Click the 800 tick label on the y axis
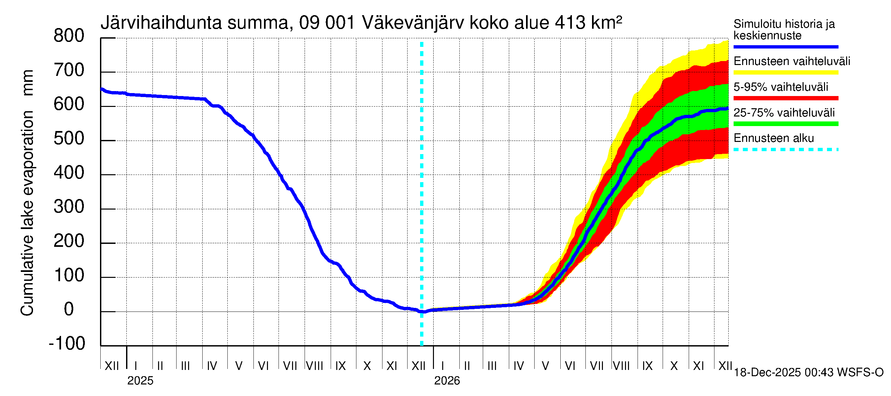click(69, 36)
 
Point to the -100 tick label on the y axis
click(67, 344)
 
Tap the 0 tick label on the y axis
click(69, 309)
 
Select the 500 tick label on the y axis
click(69, 139)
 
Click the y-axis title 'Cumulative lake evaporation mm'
click(27, 193)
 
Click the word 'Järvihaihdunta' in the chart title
click(161, 23)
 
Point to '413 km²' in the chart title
click(588, 22)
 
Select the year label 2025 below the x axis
click(140, 381)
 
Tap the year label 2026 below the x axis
click(447, 381)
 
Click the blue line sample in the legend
click(785, 47)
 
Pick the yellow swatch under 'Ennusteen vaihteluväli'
click(785, 73)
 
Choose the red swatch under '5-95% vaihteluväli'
click(785, 98)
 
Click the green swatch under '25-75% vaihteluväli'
click(785, 124)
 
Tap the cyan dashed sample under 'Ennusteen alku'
click(785, 150)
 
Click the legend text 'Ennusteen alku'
click(774, 138)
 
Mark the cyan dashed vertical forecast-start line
click(422, 194)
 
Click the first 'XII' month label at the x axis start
click(112, 366)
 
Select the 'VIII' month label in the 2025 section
click(314, 366)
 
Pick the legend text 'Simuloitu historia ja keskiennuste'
click(784, 30)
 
